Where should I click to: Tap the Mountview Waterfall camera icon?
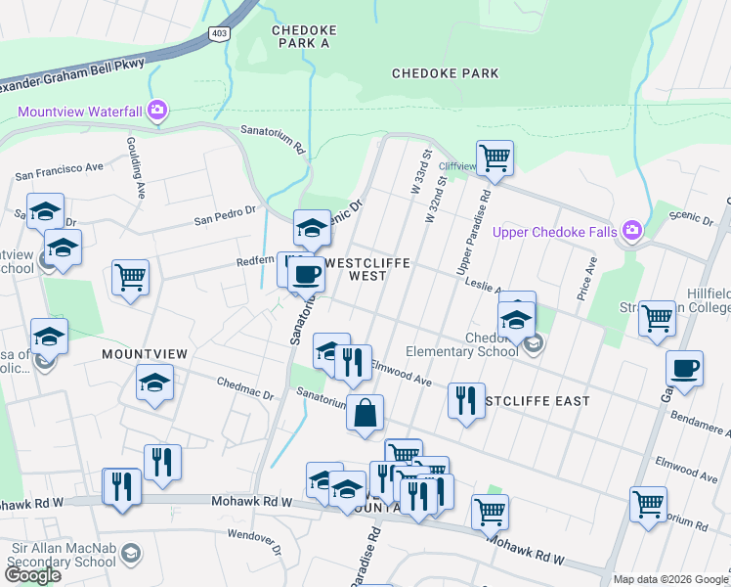[x=156, y=111]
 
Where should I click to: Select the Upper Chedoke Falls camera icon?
[x=632, y=230]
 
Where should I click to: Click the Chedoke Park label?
[x=445, y=73]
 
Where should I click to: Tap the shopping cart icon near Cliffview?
[x=494, y=157]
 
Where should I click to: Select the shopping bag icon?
[x=365, y=412]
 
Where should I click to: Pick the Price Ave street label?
[x=589, y=280]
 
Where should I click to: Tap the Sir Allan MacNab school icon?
[x=130, y=555]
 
